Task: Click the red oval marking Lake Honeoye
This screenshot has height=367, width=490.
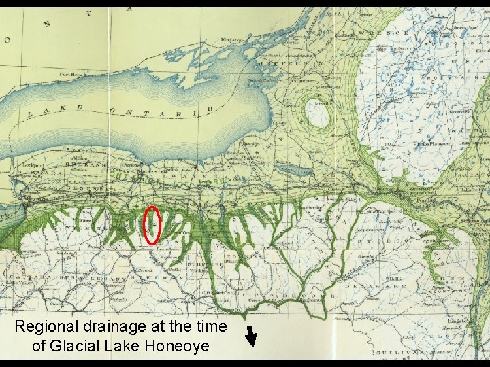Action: (152, 224)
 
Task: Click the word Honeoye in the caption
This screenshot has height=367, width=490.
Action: (176, 345)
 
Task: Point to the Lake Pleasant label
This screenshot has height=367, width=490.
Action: (431, 144)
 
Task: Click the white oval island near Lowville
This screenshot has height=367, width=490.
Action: (315, 112)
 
